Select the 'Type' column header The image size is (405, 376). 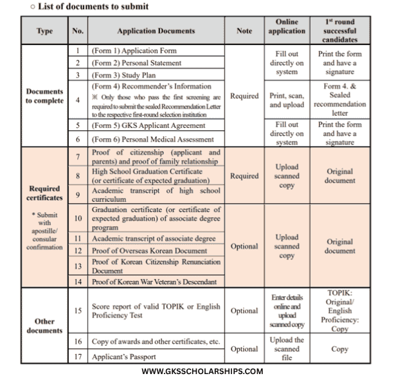tap(44, 30)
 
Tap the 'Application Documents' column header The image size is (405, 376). tap(156, 30)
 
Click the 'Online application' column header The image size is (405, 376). tap(286, 26)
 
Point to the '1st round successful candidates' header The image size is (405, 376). tap(339, 30)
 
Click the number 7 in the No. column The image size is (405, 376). tap(77, 157)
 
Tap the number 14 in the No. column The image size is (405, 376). tap(77, 282)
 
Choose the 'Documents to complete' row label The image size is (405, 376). tap(44, 96)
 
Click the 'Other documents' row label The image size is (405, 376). tap(44, 326)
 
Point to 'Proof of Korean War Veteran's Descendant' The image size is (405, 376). tap(154, 282)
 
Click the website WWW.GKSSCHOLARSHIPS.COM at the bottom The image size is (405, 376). tap(203, 370)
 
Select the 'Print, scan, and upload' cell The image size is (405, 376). tap(286, 100)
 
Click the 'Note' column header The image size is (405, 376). tap(244, 30)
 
